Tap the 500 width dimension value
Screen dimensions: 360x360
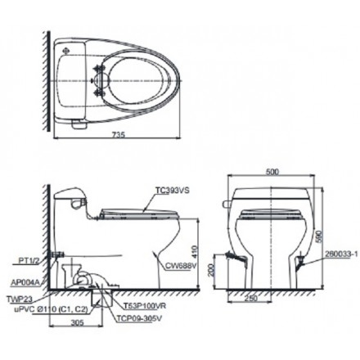272,173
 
